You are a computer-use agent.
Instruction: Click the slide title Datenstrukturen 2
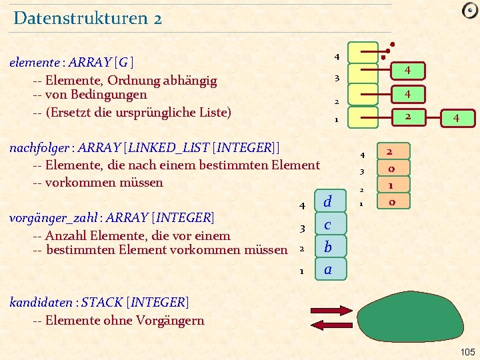[87, 18]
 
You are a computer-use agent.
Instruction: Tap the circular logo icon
[469, 10]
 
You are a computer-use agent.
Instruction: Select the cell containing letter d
[327, 201]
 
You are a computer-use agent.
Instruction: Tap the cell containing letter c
[327, 225]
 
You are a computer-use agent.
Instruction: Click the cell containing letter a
[327, 269]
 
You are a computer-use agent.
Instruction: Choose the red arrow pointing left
[327, 325]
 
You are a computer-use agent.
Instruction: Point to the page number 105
[468, 351]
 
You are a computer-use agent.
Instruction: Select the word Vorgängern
[171, 320]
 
